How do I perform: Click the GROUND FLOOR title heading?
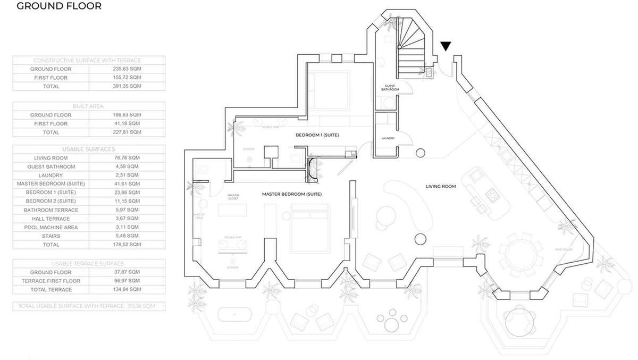click(x=52, y=7)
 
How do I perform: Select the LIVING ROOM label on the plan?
click(x=441, y=187)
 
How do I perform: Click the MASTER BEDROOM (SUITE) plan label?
click(x=291, y=194)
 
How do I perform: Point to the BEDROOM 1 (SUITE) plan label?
click(x=317, y=136)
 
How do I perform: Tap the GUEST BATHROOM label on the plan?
click(x=387, y=88)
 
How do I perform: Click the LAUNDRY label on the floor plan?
click(x=387, y=139)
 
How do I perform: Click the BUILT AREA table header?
click(x=88, y=106)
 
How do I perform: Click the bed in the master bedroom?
click(x=310, y=228)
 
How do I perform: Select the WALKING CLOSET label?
click(x=233, y=197)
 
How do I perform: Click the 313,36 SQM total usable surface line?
click(x=88, y=306)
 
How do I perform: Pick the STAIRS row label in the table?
click(x=51, y=236)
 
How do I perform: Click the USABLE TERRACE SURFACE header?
click(x=88, y=264)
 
